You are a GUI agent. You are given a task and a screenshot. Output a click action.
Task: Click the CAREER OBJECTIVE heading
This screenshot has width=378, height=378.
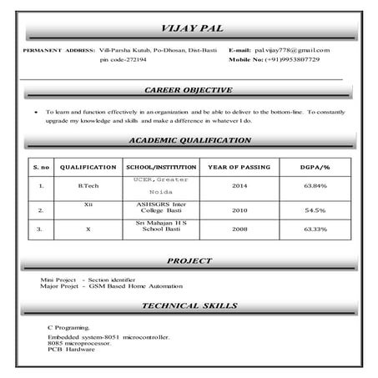(x=188, y=89)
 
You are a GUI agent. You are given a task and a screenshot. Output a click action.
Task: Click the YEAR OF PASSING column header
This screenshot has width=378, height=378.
(x=239, y=167)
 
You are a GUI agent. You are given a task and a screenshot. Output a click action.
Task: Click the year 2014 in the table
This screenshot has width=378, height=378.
(x=239, y=185)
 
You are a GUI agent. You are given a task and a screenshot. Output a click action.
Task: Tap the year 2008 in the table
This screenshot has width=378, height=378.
(x=239, y=228)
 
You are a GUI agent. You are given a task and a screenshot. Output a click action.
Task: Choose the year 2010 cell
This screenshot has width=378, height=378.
(x=239, y=210)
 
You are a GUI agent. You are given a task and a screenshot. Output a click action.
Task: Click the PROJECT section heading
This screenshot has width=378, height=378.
(x=188, y=261)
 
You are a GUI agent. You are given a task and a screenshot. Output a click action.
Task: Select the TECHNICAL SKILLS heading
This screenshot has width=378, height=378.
(x=188, y=306)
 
